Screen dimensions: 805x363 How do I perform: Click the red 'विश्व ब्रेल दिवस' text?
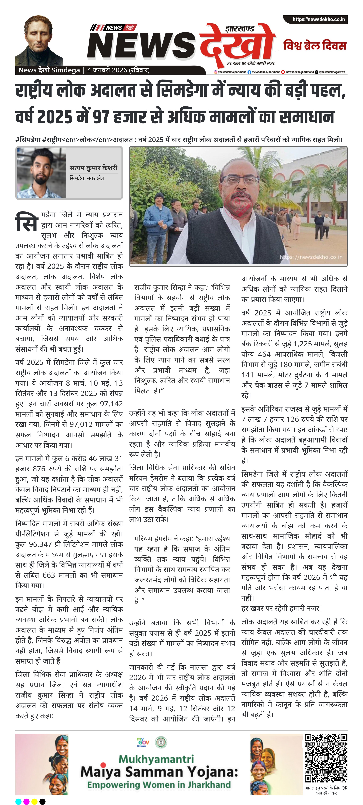[x=315, y=46]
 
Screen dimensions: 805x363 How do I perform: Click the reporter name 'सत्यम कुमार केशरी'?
[x=93, y=168]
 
